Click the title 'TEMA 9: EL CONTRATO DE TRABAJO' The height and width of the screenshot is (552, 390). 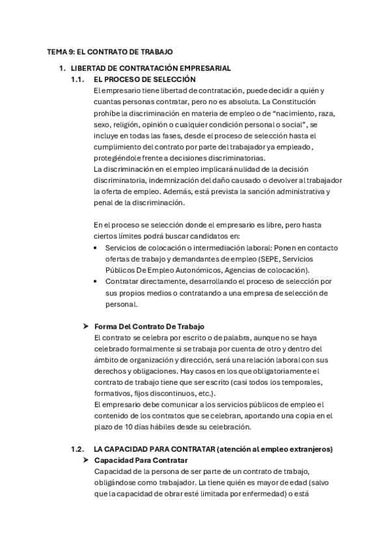click(110, 51)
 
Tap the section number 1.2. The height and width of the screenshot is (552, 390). click(77, 450)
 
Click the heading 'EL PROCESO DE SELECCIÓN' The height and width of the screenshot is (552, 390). click(145, 79)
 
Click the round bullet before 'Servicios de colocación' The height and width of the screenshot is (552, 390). click(97, 248)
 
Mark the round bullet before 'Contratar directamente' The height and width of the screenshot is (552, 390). click(97, 282)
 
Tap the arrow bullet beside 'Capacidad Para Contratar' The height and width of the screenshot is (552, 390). click(86, 461)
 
